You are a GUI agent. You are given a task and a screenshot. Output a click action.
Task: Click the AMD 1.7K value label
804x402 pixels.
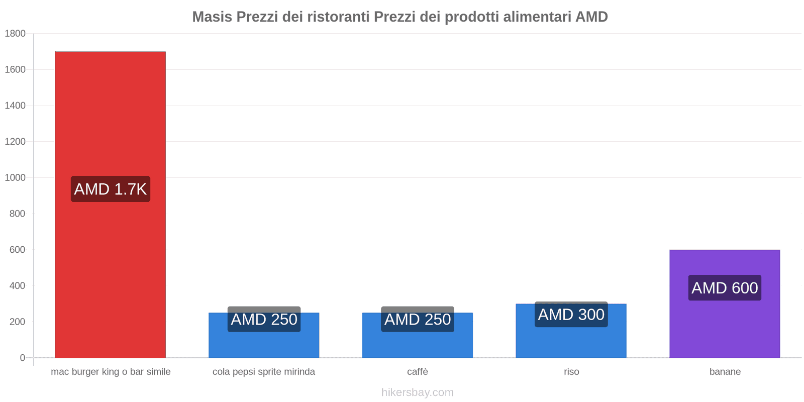(111, 189)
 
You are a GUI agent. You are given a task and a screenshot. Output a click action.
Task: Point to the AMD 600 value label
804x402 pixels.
(725, 288)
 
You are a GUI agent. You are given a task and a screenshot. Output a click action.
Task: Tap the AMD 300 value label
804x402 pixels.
(571, 315)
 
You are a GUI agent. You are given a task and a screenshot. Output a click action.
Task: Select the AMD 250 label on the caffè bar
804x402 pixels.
(417, 319)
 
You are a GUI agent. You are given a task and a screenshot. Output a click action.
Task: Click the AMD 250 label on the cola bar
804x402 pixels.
(264, 319)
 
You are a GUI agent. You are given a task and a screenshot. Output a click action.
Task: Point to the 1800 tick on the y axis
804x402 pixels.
(15, 34)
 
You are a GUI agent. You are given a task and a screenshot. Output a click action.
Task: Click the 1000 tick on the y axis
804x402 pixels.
(15, 178)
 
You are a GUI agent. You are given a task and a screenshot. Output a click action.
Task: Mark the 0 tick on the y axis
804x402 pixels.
(22, 358)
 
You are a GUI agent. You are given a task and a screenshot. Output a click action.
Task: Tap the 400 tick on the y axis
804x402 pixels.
(17, 286)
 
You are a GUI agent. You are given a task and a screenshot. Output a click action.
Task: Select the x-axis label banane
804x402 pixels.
(725, 372)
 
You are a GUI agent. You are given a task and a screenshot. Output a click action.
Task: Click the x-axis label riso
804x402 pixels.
(571, 372)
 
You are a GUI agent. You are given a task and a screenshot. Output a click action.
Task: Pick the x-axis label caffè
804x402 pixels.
(417, 372)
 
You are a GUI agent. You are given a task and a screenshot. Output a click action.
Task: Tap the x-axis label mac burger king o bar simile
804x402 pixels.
(111, 372)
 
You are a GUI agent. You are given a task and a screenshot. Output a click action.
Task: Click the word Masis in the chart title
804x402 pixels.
(212, 17)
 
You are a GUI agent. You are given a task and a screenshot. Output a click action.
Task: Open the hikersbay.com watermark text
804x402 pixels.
(417, 392)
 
